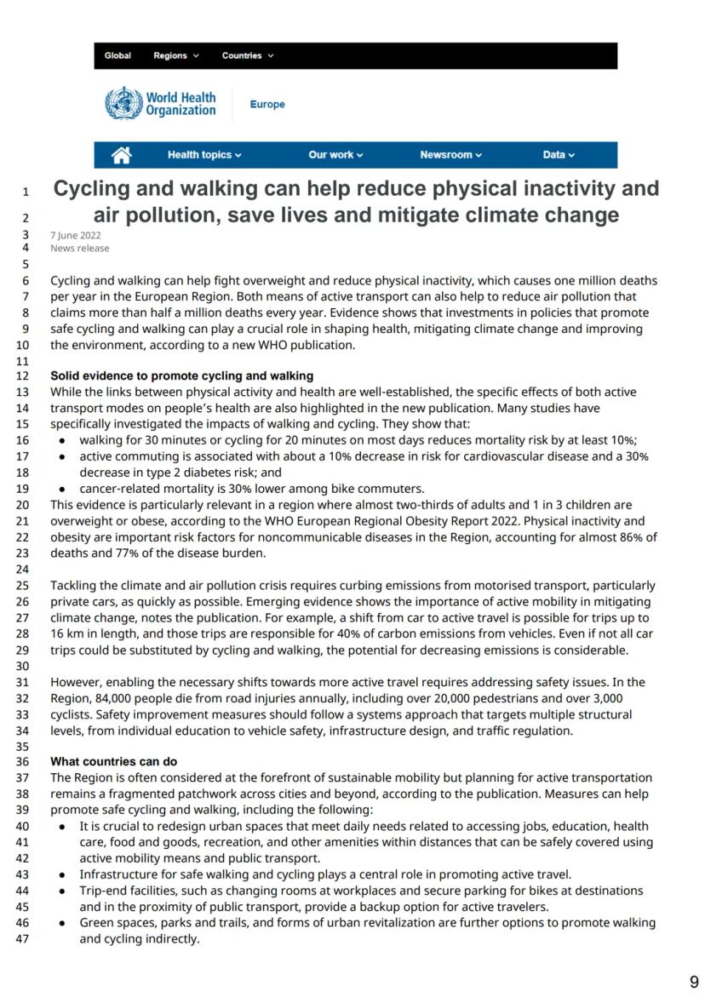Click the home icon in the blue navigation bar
pyautogui.click(x=122, y=155)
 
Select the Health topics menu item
pyautogui.click(x=204, y=155)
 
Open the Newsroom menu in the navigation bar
pyautogui.click(x=450, y=155)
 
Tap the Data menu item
pyautogui.click(x=559, y=155)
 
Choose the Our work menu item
pyautogui.click(x=335, y=155)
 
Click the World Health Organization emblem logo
pyautogui.click(x=123, y=104)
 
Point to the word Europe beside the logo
pyautogui.click(x=267, y=105)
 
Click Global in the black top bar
pyautogui.click(x=117, y=56)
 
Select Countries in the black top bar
pyautogui.click(x=247, y=56)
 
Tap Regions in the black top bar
pyautogui.click(x=175, y=56)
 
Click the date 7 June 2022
pyautogui.click(x=76, y=235)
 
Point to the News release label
pyautogui.click(x=80, y=249)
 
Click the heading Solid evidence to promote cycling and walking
pyautogui.click(x=181, y=375)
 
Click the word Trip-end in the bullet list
pyautogui.click(x=101, y=891)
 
